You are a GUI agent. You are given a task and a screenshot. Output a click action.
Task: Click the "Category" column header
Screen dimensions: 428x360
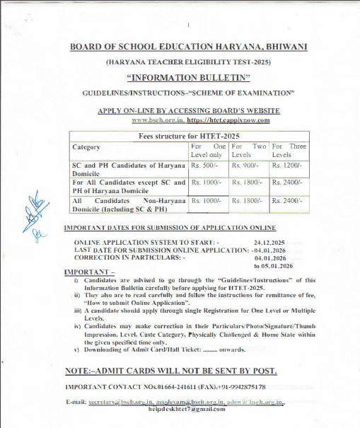(86, 147)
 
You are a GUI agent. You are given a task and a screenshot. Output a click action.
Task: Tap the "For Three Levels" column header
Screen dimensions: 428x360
(289, 150)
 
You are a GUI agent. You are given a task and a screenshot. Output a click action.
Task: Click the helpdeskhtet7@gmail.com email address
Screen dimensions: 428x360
(177, 410)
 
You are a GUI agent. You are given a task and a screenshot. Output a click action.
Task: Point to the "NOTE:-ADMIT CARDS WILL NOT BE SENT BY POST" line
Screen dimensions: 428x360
(170, 371)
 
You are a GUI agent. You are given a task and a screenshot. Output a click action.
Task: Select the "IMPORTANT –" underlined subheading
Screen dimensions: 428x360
(88, 272)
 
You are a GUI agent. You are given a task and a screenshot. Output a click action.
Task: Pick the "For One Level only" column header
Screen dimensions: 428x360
(208, 150)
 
